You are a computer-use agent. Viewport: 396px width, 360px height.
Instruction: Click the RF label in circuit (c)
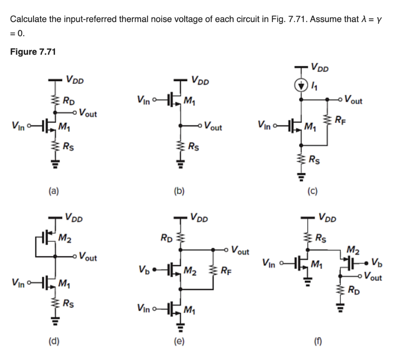pos(339,119)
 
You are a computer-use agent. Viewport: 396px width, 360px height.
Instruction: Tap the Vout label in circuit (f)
pos(372,278)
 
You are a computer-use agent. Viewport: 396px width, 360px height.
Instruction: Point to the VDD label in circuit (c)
pos(320,69)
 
